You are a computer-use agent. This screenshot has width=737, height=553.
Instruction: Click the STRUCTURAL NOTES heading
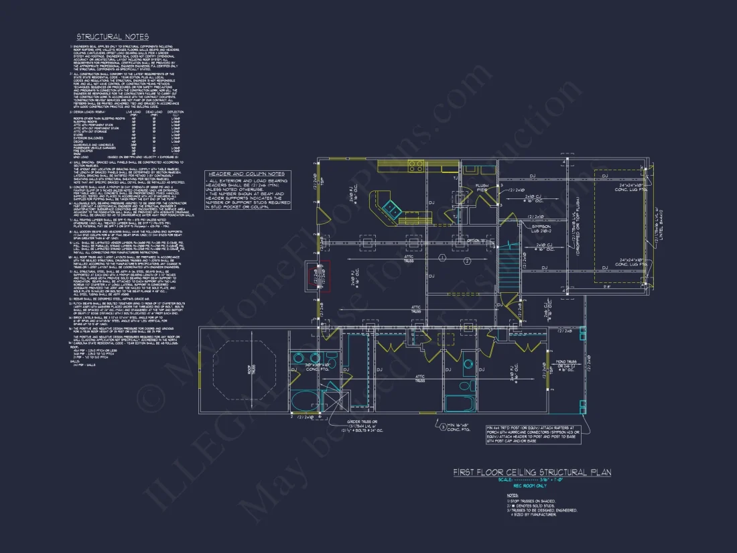click(113, 37)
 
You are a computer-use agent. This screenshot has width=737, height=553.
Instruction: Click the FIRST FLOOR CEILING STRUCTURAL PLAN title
click(532, 473)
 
